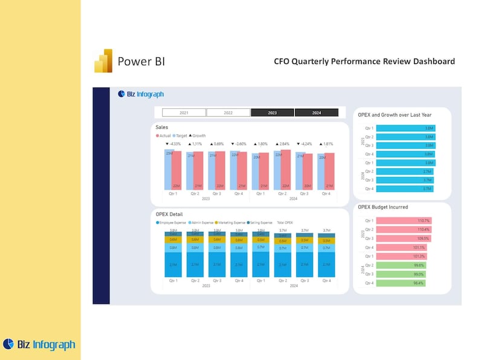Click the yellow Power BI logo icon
click(x=103, y=61)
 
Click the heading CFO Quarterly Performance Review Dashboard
click(x=364, y=62)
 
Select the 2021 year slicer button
click(x=184, y=112)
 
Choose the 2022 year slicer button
click(x=228, y=112)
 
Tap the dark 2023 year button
click(x=272, y=112)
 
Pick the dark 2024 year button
click(x=316, y=112)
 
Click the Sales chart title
click(x=162, y=127)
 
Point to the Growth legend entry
click(x=198, y=136)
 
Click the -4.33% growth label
click(x=173, y=144)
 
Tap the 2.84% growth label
click(x=282, y=144)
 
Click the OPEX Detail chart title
click(x=169, y=214)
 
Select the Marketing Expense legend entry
click(x=232, y=222)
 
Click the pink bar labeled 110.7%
click(x=403, y=220)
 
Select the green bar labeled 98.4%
click(x=401, y=283)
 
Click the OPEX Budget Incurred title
click(x=383, y=207)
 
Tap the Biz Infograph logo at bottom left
click(x=39, y=344)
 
